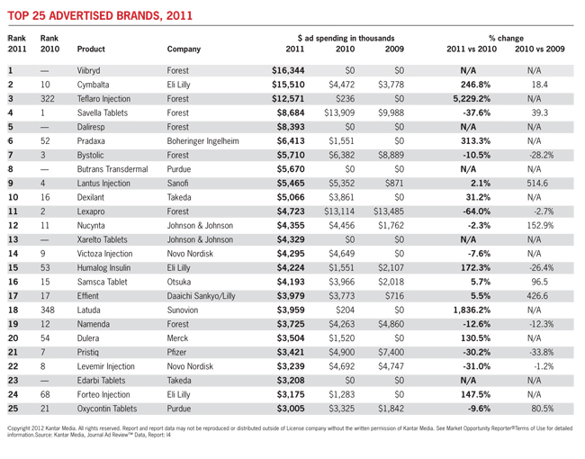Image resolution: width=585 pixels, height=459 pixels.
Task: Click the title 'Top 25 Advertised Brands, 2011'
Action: pyautogui.click(x=100, y=15)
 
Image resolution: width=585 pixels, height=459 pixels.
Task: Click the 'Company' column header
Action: pyautogui.click(x=184, y=49)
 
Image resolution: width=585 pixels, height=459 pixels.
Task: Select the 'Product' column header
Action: pyautogui.click(x=91, y=49)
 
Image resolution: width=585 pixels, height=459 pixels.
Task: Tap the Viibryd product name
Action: pyautogui.click(x=88, y=70)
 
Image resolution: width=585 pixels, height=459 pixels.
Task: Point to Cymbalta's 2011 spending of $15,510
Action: pyautogui.click(x=288, y=85)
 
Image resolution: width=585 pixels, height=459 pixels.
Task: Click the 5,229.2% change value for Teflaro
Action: pyautogui.click(x=472, y=99)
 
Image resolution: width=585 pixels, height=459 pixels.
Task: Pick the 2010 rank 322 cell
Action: pyautogui.click(x=48, y=99)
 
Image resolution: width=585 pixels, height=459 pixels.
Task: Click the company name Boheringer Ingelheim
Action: pyautogui.click(x=203, y=141)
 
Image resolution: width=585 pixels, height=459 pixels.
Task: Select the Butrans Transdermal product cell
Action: pyautogui.click(x=112, y=169)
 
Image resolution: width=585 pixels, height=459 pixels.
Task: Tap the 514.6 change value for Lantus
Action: pyautogui.click(x=537, y=184)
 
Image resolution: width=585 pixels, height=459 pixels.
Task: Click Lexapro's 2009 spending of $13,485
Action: pyautogui.click(x=389, y=211)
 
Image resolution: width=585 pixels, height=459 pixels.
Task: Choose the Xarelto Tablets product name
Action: pyautogui.click(x=102, y=239)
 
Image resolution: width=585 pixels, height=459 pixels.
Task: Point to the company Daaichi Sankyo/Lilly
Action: pyautogui.click(x=201, y=296)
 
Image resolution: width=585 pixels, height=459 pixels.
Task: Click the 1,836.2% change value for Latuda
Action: pyautogui.click(x=472, y=310)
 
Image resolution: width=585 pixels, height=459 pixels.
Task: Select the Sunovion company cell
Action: pyautogui.click(x=183, y=310)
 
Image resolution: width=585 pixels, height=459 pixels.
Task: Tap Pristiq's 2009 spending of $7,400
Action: pyautogui.click(x=391, y=352)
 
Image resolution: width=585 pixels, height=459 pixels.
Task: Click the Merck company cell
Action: pyautogui.click(x=177, y=338)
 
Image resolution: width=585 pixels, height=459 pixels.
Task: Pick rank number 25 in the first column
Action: pyautogui.click(x=13, y=409)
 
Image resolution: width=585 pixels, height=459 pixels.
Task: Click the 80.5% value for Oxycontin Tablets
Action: pyautogui.click(x=543, y=409)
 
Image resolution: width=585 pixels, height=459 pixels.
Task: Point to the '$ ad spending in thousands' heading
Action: pyautogui.click(x=346, y=38)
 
